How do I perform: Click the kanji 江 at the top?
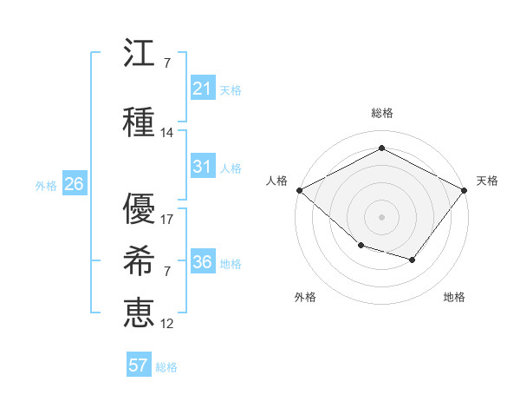tap(139, 52)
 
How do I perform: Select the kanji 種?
tap(139, 122)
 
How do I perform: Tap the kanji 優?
tap(139, 208)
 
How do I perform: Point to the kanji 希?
tap(139, 260)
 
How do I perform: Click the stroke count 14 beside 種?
tap(166, 133)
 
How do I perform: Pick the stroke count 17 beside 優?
tap(166, 220)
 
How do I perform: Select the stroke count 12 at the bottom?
tap(166, 324)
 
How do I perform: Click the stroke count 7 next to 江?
tap(167, 63)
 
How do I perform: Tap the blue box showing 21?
tap(203, 88)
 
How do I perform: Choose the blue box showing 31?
tap(203, 166)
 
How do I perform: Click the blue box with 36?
tap(203, 260)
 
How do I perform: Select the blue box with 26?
tap(75, 183)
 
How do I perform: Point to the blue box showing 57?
tap(139, 364)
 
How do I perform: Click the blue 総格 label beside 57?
tap(166, 367)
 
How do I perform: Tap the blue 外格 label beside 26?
tap(46, 186)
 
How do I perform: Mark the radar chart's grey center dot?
tap(381, 217)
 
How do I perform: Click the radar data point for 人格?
tap(300, 190)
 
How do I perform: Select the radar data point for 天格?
tap(464, 190)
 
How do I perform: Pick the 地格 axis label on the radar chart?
tap(454, 297)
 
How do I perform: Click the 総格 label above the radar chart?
tap(382, 113)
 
